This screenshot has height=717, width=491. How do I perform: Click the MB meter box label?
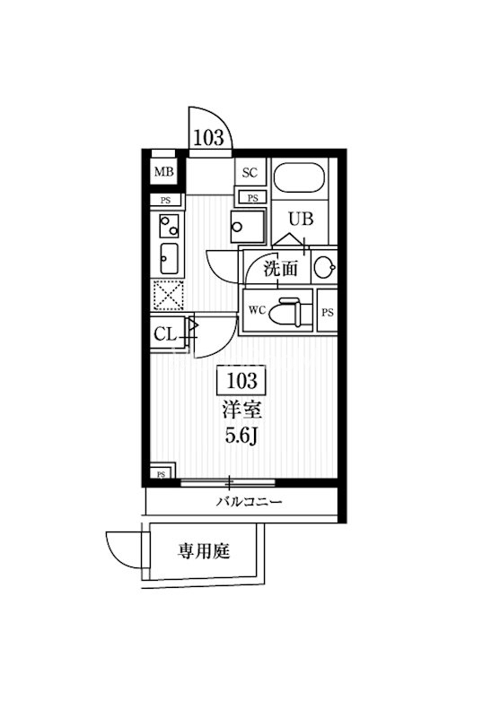(163, 172)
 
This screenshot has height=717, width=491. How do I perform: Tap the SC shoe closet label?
(250, 173)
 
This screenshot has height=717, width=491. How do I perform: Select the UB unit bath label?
(301, 219)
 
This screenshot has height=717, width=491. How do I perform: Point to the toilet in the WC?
(285, 313)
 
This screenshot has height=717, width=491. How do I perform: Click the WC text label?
(257, 310)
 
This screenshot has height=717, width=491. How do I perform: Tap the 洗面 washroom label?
(280, 269)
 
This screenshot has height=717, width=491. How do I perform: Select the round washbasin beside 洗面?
(326, 266)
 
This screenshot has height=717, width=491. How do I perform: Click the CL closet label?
(165, 334)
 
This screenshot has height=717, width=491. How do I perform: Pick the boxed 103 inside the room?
(241, 380)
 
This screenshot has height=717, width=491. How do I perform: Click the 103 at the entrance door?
(208, 137)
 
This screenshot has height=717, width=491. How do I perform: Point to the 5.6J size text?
(241, 436)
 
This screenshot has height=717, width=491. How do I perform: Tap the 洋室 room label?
(241, 410)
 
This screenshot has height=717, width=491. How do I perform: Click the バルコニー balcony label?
(250, 502)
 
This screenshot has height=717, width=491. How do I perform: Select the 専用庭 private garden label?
(204, 551)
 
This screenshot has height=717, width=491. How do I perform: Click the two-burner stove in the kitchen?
(169, 226)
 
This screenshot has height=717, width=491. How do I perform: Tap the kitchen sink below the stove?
(169, 258)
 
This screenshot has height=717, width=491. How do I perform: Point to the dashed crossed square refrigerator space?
(168, 296)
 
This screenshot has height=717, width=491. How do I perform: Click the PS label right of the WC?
(328, 313)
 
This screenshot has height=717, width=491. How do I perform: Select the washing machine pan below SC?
(248, 227)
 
